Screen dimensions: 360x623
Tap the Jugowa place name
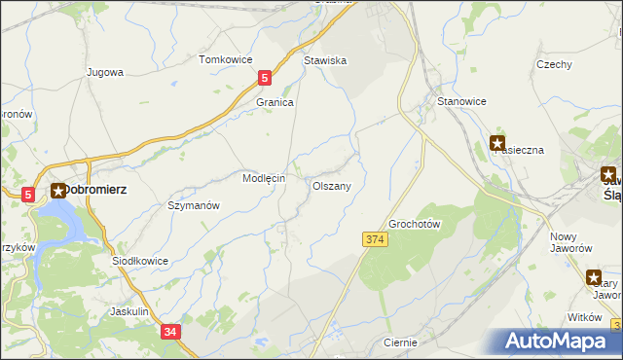click(x=104, y=72)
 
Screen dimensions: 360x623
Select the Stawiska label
click(x=325, y=60)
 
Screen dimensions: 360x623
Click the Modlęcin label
click(x=263, y=179)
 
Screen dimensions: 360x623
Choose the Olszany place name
click(x=331, y=184)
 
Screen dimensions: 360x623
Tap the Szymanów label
click(x=194, y=206)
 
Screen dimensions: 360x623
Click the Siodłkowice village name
click(x=141, y=261)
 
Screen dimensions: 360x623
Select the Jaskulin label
click(x=129, y=311)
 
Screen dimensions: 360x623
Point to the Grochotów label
click(x=416, y=224)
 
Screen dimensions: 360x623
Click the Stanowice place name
click(x=462, y=101)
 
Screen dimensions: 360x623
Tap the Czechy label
click(x=553, y=64)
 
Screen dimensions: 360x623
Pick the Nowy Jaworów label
click(x=571, y=242)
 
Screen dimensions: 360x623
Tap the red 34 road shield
click(x=171, y=332)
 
